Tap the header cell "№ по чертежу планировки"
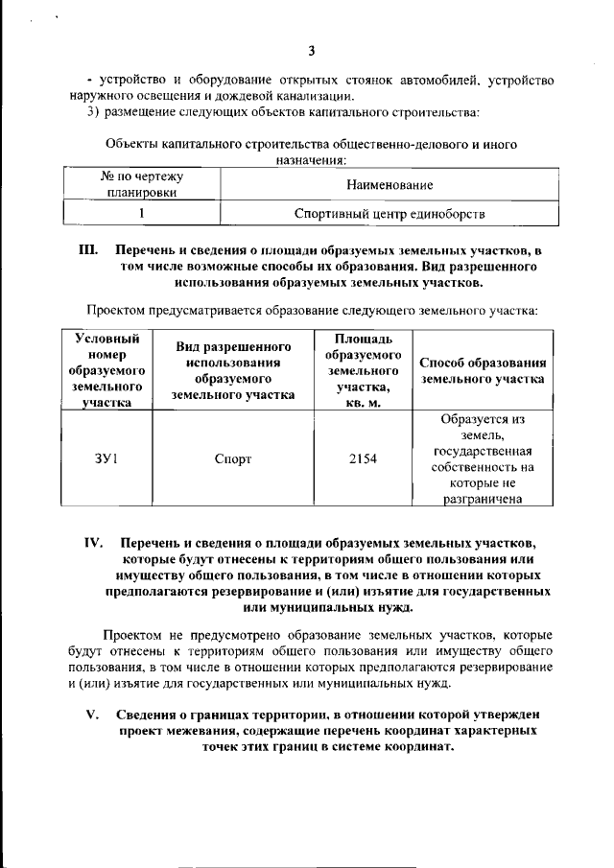[141, 184]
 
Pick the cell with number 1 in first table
[141, 212]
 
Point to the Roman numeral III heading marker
[88, 249]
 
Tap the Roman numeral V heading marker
[93, 714]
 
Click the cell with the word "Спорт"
[233, 458]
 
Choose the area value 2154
[363, 458]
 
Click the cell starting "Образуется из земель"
[483, 458]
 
